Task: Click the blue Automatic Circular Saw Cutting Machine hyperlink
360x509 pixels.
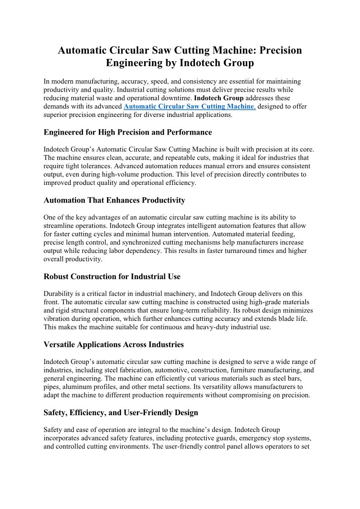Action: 189,106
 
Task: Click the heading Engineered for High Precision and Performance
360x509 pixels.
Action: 127,132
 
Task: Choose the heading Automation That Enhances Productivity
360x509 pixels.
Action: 114,200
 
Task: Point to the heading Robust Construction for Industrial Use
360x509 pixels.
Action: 112,276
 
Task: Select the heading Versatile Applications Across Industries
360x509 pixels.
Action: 113,344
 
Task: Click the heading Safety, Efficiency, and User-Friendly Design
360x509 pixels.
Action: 121,413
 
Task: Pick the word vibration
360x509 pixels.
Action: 59,319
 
